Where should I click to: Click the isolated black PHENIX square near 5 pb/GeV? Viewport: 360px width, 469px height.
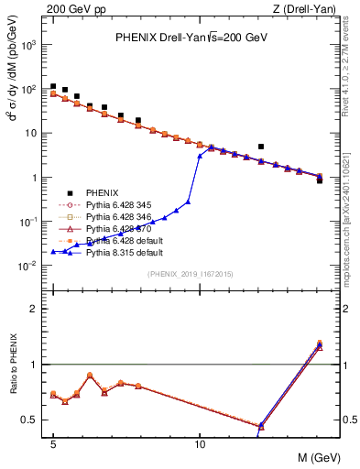(261, 146)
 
